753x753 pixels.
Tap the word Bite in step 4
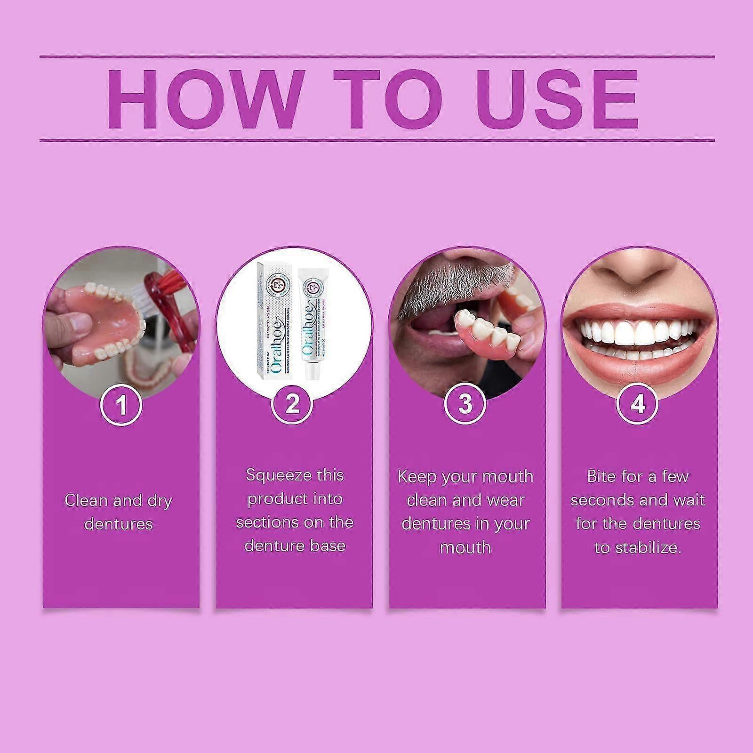(601, 476)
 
